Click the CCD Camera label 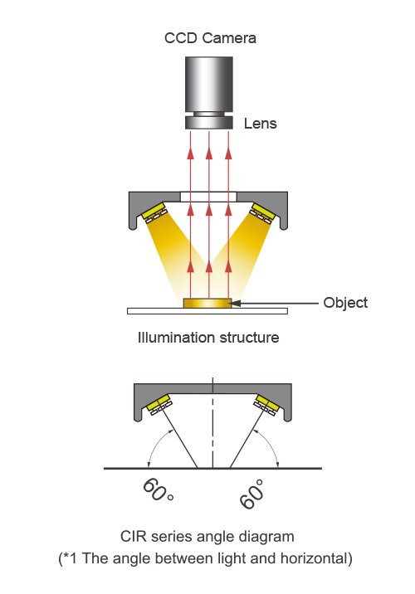210,38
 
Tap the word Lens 260,124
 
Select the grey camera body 209,84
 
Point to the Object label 345,303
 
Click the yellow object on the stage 207,303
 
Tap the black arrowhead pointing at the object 236,303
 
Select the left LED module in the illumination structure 154,212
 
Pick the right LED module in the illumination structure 262,213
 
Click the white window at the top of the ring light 208,197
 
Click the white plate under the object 207,311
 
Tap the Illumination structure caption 208,337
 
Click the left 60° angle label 158,489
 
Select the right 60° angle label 251,494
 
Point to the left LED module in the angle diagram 159,405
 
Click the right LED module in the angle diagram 266,405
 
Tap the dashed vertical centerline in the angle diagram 213,423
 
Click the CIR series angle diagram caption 207,537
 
